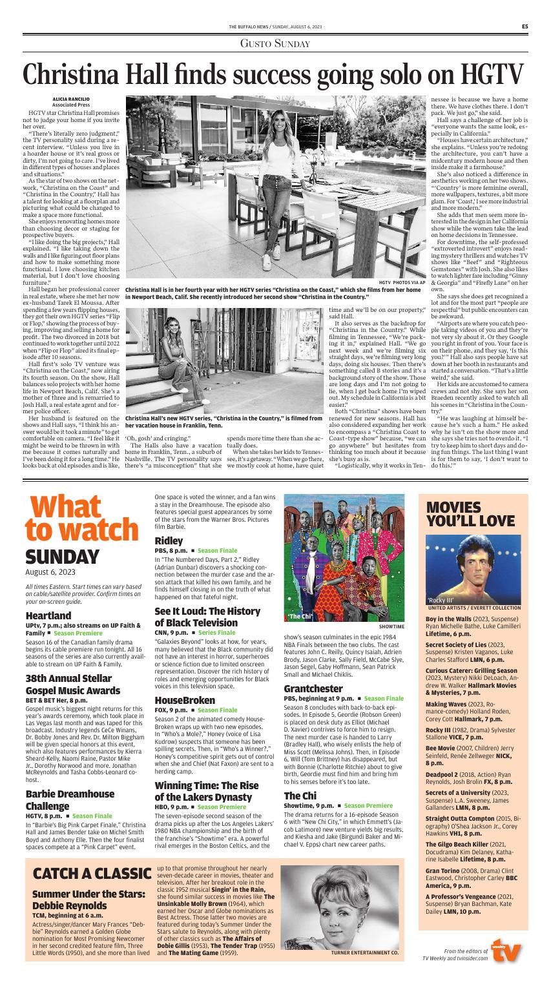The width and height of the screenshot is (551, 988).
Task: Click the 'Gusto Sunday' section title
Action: (x=275, y=43)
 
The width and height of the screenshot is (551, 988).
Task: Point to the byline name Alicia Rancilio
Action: (x=67, y=98)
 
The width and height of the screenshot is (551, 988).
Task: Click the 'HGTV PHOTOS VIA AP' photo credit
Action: (x=402, y=282)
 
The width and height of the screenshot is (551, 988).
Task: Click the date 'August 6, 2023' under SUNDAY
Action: (x=51, y=571)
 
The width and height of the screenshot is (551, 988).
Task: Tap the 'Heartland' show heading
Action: (x=48, y=616)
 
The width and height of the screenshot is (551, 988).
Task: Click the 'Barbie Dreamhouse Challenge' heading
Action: (x=70, y=800)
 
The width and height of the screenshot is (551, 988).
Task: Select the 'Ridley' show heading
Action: (x=169, y=539)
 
